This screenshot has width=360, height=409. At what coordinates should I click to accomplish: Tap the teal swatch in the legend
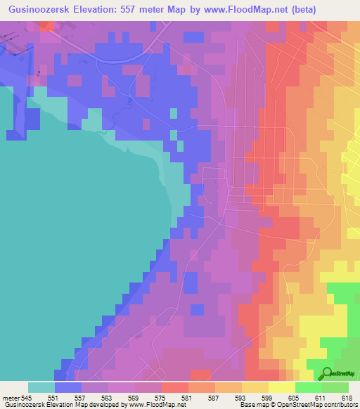[x=41, y=387]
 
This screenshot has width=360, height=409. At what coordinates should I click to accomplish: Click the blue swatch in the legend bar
[x=67, y=387]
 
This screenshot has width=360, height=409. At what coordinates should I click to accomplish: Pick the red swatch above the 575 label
[x=174, y=387]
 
